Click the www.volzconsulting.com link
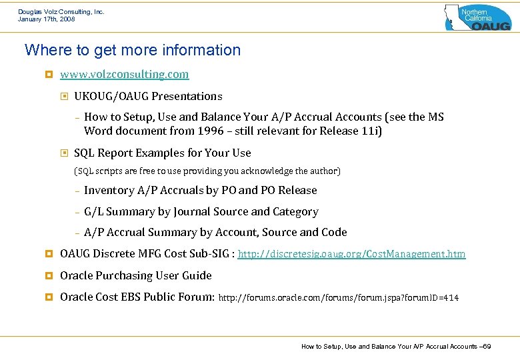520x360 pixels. coord(124,74)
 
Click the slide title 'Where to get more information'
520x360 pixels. coord(132,50)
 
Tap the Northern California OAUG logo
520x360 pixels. coord(477,17)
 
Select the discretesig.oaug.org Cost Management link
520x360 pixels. coord(351,254)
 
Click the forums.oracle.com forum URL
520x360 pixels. coord(339,297)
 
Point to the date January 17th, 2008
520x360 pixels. coord(47,19)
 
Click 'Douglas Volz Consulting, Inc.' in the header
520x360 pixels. coord(61,11)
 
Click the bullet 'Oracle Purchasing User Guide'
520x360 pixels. coord(135,275)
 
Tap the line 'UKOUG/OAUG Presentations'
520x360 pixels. coord(148,96)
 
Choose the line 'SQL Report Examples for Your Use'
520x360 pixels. coord(162,153)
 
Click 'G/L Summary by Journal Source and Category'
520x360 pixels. coord(201,211)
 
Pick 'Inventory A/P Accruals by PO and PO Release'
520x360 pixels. coord(200,190)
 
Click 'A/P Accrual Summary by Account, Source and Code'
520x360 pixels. coord(215,232)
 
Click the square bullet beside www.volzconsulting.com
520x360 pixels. coord(48,75)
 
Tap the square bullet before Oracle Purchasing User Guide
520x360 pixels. coord(48,276)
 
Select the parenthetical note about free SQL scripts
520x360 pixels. coord(207,171)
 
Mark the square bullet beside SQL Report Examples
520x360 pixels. coord(65,153)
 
